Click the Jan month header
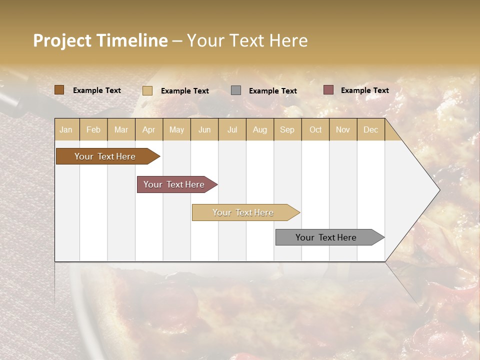pyautogui.click(x=66, y=129)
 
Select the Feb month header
pyautogui.click(x=93, y=129)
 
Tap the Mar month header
pyautogui.click(x=121, y=129)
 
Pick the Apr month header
pyautogui.click(x=149, y=129)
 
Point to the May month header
pyautogui.click(x=176, y=129)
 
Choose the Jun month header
pyautogui.click(x=204, y=129)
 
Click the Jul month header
pyautogui.click(x=232, y=129)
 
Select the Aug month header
pyautogui.click(x=260, y=129)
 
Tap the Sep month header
pyautogui.click(x=287, y=129)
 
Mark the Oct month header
pyautogui.click(x=315, y=129)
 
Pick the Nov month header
pyautogui.click(x=343, y=129)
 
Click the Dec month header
pyautogui.click(x=371, y=129)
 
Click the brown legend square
pyautogui.click(x=59, y=90)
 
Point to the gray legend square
pyautogui.click(x=236, y=90)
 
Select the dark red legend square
pyautogui.click(x=328, y=90)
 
